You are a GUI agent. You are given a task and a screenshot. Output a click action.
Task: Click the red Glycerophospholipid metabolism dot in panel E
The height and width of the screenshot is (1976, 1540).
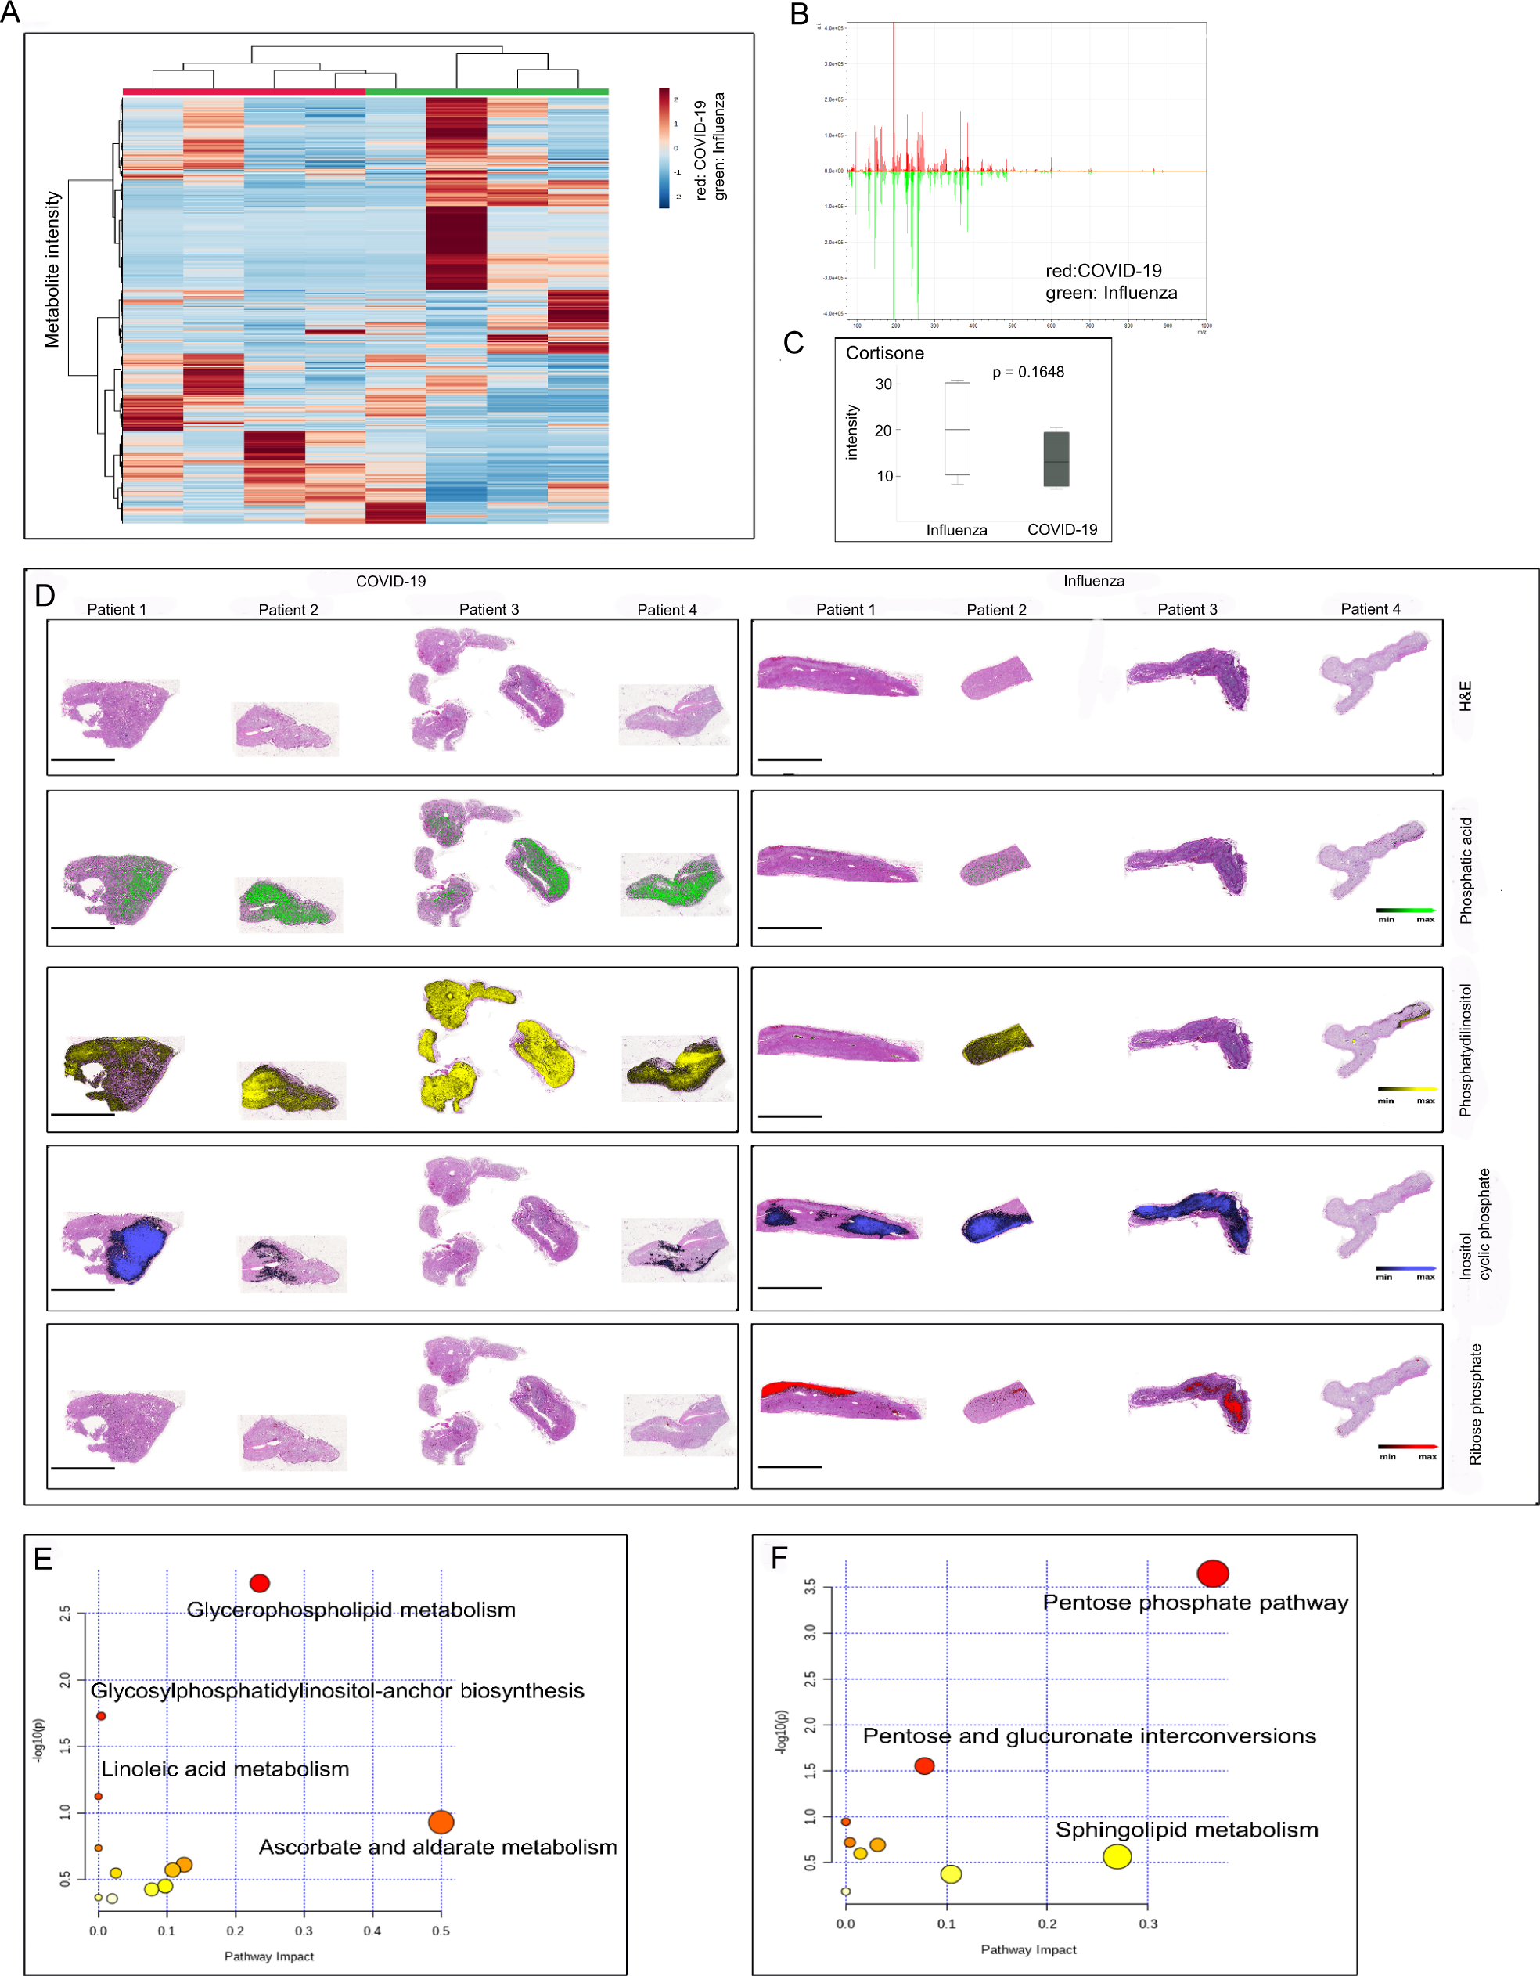260,1583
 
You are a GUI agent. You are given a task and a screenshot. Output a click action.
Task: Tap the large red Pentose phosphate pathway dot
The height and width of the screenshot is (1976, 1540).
1212,1574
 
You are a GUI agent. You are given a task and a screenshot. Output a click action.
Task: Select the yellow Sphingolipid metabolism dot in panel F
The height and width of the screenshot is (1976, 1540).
1117,1856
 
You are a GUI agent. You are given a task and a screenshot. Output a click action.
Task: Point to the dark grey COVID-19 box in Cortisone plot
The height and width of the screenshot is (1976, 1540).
1056,460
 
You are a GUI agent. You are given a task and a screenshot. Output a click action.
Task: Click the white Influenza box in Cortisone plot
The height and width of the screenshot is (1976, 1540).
957,429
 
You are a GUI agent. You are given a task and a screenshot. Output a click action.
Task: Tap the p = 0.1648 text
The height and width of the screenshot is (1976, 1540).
1028,372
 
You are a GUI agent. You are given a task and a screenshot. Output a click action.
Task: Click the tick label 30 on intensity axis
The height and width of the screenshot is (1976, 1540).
883,384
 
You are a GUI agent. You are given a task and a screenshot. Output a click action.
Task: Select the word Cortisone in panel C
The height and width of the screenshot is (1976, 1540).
884,353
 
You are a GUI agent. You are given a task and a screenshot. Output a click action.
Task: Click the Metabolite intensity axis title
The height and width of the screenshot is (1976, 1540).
52,269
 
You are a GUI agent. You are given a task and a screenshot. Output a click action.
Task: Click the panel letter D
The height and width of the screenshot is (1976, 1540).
45,595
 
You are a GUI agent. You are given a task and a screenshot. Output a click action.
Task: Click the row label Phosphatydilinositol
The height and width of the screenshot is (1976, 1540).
1465,1050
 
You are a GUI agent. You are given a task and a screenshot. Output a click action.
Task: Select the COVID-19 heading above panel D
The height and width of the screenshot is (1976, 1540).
390,581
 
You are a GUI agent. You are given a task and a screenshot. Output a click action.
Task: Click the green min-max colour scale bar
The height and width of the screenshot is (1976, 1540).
1405,910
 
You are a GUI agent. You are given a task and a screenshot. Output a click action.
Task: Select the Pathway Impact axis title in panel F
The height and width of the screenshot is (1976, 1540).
1028,1949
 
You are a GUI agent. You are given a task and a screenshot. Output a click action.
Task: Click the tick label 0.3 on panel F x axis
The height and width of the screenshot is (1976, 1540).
1146,1924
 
